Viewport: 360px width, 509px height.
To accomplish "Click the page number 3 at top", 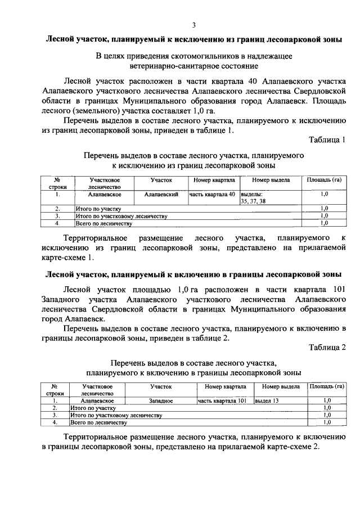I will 193,25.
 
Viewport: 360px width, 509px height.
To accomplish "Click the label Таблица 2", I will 327,347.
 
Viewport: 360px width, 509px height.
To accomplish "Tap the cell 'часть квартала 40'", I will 211,194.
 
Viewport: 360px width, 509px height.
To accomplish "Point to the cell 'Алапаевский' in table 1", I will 161,194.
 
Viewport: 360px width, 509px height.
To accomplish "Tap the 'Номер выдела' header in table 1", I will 271,180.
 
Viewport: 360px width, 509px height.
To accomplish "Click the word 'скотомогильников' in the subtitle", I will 183,56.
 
